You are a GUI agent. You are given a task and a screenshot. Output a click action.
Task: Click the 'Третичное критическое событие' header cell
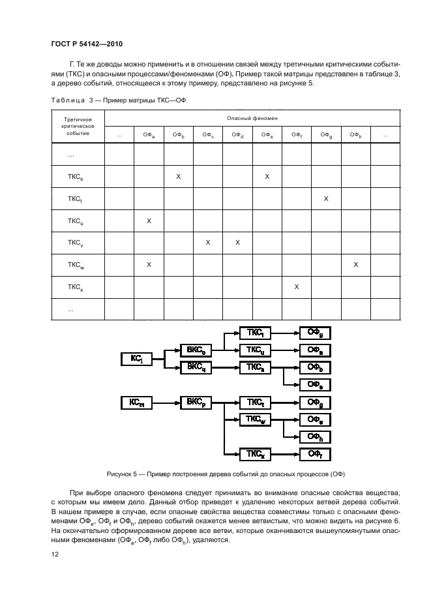[x=78, y=127]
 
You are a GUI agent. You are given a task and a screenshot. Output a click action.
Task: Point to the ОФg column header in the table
[x=326, y=135]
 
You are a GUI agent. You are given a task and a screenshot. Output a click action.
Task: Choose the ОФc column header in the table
[x=208, y=135]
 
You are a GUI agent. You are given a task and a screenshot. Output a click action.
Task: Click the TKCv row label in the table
[x=76, y=243]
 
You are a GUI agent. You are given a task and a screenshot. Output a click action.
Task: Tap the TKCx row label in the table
[x=76, y=287]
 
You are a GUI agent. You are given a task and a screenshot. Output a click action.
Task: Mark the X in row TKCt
[x=326, y=198]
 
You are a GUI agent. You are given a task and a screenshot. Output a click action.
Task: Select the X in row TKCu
[x=149, y=221]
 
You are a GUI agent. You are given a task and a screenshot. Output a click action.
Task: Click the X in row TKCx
[x=297, y=287]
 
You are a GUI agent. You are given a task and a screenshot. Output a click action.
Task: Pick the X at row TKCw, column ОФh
[x=355, y=265]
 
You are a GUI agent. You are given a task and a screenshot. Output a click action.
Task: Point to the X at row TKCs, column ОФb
[x=179, y=176]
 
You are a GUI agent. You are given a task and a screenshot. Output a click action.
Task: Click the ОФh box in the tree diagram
[x=316, y=437]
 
